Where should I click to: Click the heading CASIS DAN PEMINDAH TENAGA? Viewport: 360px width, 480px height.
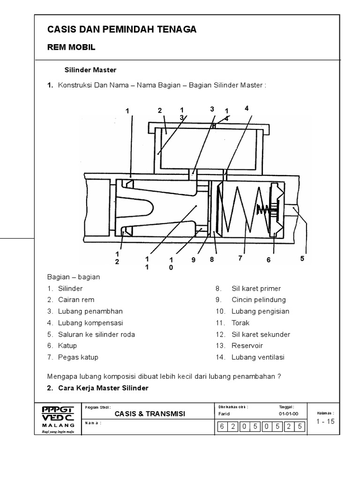[x=122, y=30]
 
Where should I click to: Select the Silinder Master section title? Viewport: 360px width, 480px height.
[x=90, y=70]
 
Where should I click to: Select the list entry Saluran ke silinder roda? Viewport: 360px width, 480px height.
[x=96, y=335]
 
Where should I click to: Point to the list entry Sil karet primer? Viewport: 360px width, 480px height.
[x=256, y=289]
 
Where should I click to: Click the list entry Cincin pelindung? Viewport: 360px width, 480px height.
[x=258, y=300]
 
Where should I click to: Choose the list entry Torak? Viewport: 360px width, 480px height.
[x=240, y=323]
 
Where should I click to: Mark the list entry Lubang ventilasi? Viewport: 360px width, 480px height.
[x=258, y=357]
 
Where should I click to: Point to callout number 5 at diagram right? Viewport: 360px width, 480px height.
[x=302, y=258]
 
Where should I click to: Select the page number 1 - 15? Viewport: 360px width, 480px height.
[x=325, y=421]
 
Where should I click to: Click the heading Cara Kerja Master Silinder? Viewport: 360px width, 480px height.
[x=103, y=388]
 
